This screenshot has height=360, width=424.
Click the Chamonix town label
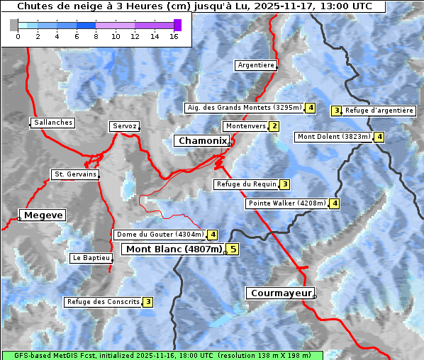click(203, 141)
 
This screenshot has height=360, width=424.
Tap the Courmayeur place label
click(279, 293)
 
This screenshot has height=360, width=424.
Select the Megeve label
click(43, 215)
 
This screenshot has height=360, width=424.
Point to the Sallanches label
click(53, 123)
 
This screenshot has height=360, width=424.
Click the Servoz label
click(125, 126)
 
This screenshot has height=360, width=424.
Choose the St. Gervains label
click(75, 174)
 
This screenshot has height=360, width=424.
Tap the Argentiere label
click(256, 65)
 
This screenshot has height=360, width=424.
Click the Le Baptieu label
click(91, 258)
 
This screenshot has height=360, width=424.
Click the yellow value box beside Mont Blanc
click(233, 249)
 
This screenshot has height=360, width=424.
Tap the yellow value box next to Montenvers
click(274, 126)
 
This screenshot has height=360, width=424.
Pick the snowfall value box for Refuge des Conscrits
click(148, 302)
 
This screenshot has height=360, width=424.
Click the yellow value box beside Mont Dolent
click(379, 137)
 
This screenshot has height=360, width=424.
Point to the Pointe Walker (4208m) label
click(287, 203)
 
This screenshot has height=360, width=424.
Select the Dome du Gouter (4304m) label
click(160, 235)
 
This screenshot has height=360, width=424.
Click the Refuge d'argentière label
click(379, 111)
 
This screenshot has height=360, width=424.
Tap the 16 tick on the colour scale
click(173, 36)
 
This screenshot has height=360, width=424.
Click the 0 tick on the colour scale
click(17, 36)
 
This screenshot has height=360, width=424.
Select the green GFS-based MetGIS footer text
click(162, 355)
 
